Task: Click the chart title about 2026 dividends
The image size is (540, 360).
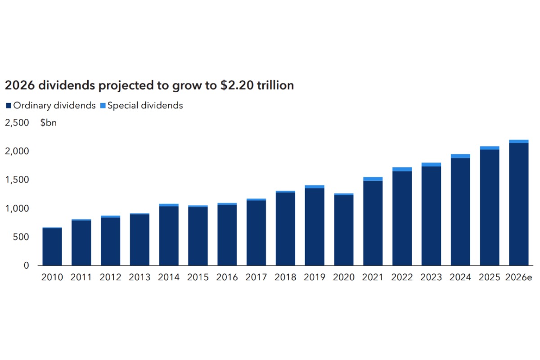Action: click(149, 85)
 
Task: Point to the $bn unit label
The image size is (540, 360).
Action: click(48, 123)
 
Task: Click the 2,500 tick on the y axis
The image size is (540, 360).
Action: click(17, 123)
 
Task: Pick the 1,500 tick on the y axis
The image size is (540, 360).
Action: click(17, 180)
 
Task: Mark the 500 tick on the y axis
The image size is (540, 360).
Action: click(20, 237)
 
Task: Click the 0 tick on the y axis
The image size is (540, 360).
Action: click(26, 265)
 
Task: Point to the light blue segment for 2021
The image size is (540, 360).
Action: click(373, 179)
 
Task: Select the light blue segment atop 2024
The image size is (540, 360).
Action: click(460, 156)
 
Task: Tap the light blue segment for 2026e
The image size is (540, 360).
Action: click(519, 141)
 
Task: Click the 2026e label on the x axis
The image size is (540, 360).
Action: click(519, 278)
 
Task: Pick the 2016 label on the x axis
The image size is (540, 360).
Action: click(227, 278)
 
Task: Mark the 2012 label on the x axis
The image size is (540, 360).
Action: click(110, 278)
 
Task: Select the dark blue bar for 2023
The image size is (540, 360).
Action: click(431, 216)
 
